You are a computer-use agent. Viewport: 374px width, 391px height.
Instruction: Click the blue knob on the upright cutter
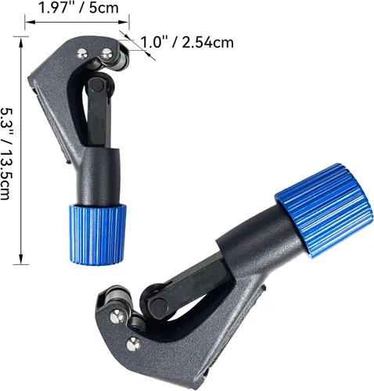coord(98,235)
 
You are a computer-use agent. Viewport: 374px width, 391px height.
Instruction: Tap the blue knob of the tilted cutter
coord(323,210)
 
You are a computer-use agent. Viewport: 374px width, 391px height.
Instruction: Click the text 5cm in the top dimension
coord(104,8)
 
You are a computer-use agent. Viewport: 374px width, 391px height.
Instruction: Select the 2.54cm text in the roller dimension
coord(207,42)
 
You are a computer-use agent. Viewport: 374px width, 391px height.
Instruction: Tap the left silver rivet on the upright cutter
coord(82,54)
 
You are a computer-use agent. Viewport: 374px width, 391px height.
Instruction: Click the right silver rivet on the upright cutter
coord(107,54)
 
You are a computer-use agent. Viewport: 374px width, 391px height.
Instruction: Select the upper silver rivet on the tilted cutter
coord(117,317)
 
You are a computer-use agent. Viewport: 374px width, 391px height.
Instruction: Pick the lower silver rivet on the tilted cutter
coord(134,344)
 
